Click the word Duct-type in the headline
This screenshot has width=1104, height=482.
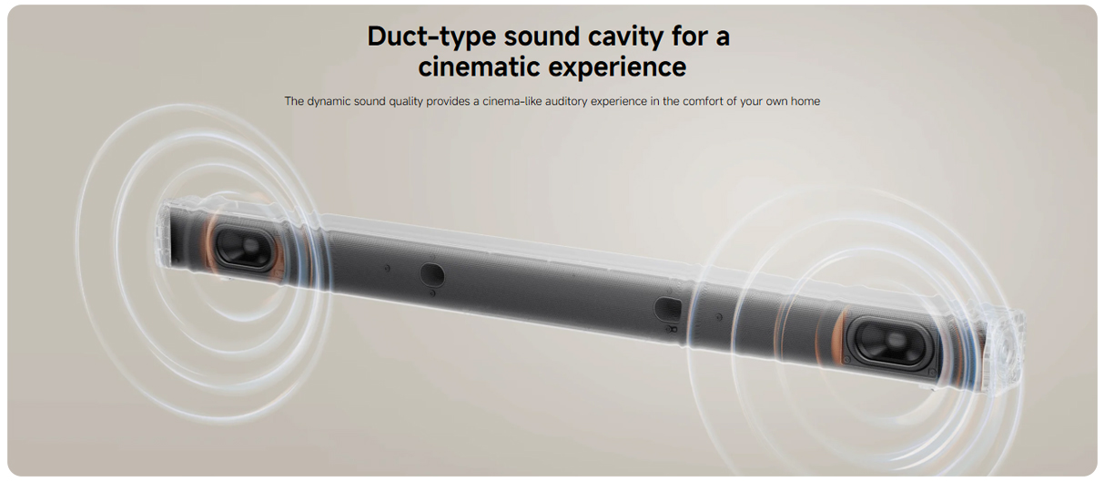431,36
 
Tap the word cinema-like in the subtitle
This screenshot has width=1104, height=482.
508,101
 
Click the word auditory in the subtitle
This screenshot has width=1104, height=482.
562,102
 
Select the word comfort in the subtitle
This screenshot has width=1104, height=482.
702,101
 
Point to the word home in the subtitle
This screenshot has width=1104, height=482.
805,101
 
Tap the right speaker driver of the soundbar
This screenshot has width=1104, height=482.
891,343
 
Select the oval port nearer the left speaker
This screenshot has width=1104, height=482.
431,274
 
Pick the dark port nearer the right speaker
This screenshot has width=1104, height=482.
668,309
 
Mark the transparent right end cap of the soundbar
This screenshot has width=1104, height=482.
1003,350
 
